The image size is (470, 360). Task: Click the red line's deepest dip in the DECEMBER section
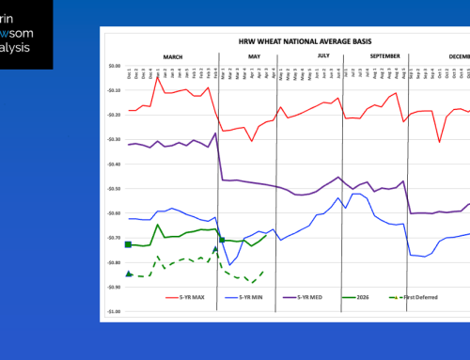click(x=439, y=142)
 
